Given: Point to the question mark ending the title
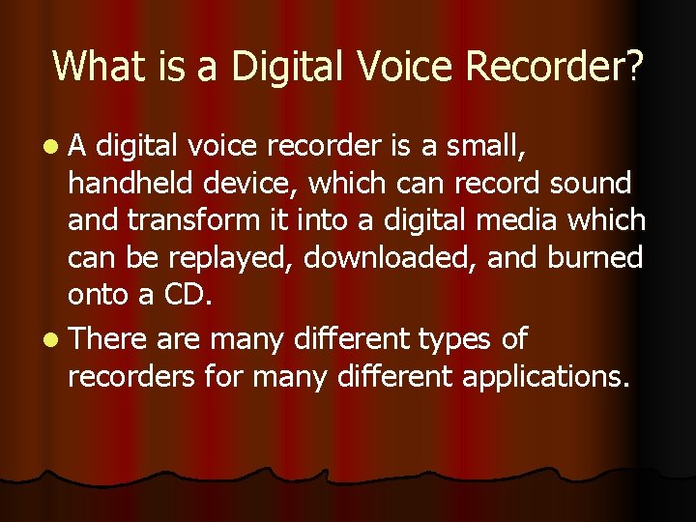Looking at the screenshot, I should pyautogui.click(x=634, y=66).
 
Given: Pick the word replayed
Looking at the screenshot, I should pyautogui.click(x=217, y=258).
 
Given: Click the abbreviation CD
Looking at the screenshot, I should pyautogui.click(x=185, y=295).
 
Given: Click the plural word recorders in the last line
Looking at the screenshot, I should pyautogui.click(x=131, y=376).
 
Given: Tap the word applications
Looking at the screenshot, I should pyautogui.click(x=546, y=377).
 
